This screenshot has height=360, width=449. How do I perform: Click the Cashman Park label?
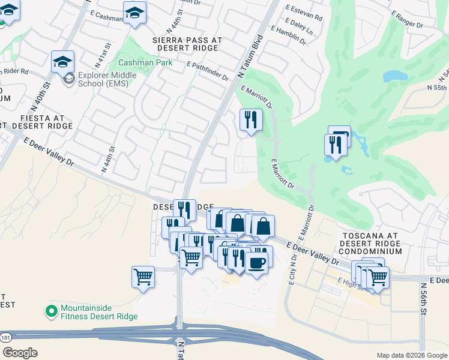coord(145,62)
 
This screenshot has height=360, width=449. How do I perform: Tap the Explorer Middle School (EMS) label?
coord(108,79)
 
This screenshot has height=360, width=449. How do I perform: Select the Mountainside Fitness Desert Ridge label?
coord(99,312)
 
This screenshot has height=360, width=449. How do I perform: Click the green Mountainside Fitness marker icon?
coord(52,311)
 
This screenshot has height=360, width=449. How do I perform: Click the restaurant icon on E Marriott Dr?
coord(251,119)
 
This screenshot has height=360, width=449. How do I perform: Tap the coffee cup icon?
coord(257,263)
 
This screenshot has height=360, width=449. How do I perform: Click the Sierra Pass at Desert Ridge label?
coord(188,44)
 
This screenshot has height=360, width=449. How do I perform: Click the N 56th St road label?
coord(423,299)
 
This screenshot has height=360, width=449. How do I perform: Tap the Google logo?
coord(20,352)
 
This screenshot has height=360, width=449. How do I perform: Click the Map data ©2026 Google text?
coord(412,355)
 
